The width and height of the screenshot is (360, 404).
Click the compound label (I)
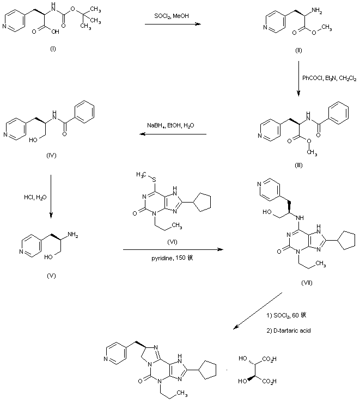53,50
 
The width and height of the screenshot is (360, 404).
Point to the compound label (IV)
52,155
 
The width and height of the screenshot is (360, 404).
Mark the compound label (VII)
306,284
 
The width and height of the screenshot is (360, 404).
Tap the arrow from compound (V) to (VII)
173,250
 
